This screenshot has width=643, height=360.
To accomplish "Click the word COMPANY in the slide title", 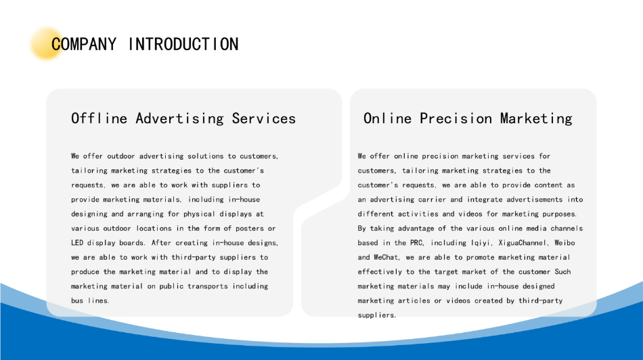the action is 84,44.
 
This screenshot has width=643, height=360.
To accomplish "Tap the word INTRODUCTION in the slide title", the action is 183,44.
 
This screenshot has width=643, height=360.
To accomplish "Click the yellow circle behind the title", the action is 46,43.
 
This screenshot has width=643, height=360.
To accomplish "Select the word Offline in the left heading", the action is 99,118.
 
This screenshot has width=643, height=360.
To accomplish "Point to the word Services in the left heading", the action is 264,118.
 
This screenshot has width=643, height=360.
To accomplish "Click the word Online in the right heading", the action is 388,118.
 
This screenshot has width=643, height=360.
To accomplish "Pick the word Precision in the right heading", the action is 456,118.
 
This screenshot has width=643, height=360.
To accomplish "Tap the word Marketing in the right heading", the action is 536,118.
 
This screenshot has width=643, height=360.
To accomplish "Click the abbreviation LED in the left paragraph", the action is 77,243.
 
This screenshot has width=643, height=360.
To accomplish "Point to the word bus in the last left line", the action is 77,300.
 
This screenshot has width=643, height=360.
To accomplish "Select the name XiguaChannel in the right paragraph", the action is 523,243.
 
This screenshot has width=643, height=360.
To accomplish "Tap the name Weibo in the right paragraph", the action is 564,243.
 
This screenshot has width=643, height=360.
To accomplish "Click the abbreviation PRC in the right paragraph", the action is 416,243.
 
